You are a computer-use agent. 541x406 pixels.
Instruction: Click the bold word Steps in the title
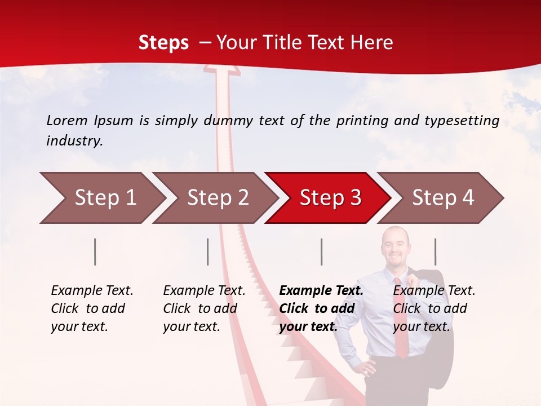tap(163, 43)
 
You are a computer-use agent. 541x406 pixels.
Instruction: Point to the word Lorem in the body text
tap(67, 120)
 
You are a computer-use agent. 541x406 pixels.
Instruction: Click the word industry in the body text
tap(74, 141)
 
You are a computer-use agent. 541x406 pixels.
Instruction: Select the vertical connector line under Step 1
tap(95, 251)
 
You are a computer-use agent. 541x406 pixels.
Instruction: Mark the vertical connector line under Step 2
tap(208, 251)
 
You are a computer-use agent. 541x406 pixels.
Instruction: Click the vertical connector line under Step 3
tap(321, 251)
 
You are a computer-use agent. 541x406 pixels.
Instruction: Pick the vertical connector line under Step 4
tap(435, 251)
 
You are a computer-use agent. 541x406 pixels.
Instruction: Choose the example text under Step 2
tap(203, 308)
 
